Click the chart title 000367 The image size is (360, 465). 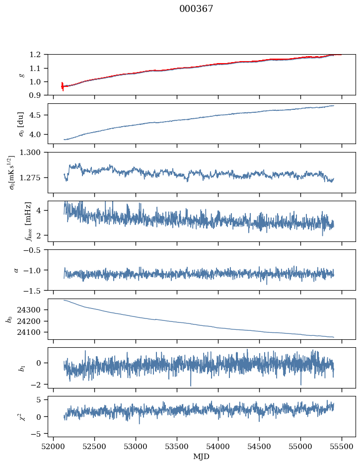click(x=196, y=9)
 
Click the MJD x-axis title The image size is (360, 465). click(x=202, y=457)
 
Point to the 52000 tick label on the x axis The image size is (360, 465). click(x=55, y=447)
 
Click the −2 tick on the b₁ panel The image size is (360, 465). click(x=38, y=385)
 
